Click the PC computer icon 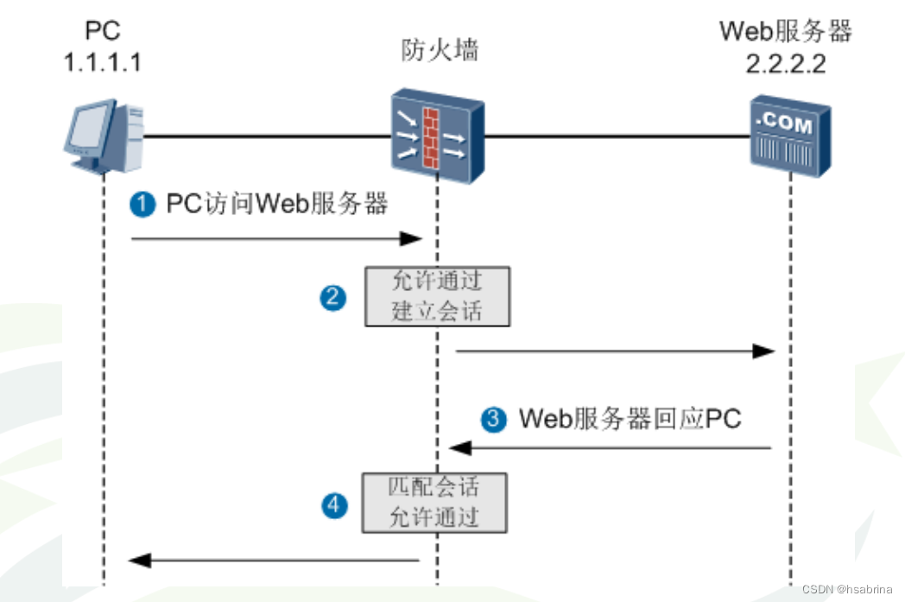point(104,136)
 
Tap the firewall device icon point(438,136)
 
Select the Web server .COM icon point(790,136)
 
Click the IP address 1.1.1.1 point(103,62)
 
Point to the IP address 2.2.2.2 point(786,64)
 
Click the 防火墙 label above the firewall point(440,49)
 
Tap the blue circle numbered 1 point(142,205)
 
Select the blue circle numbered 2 point(333,298)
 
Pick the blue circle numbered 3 point(493,419)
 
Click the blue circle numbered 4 point(334,505)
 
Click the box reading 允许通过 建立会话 point(438,296)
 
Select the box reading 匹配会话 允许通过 point(434,503)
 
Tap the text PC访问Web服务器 point(277,204)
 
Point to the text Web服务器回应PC point(630,418)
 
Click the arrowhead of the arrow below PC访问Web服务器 point(411,238)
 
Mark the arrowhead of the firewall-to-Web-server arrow point(763,351)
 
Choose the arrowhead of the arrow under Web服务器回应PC point(460,447)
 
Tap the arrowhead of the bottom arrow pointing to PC point(140,560)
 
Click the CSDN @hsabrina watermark point(846,589)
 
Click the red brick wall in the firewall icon point(431,138)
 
